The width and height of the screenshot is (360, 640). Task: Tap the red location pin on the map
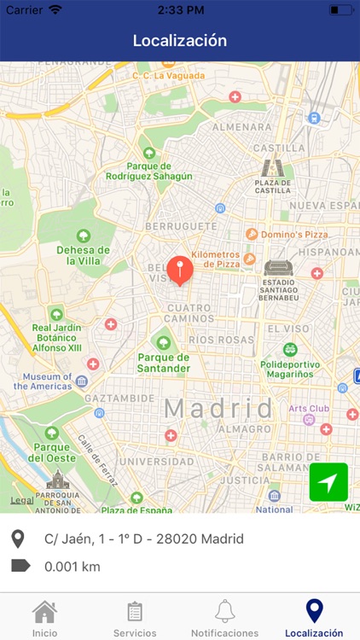pyautogui.click(x=179, y=269)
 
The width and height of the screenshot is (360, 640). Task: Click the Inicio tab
pyautogui.click(x=44, y=618)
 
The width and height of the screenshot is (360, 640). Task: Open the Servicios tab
pyautogui.click(x=135, y=618)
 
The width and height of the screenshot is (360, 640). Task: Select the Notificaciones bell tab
pyautogui.click(x=224, y=618)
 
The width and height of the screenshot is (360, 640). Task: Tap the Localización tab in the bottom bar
pyautogui.click(x=314, y=618)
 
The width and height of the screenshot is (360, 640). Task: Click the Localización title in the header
pyautogui.click(x=180, y=40)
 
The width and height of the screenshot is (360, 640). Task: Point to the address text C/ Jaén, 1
pyautogui.click(x=143, y=538)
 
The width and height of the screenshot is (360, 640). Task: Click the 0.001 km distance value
pyautogui.click(x=73, y=565)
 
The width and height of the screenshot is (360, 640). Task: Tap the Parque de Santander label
pyautogui.click(x=163, y=363)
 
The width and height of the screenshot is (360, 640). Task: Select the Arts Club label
pyautogui.click(x=308, y=409)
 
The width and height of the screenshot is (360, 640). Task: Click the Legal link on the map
pyautogui.click(x=21, y=500)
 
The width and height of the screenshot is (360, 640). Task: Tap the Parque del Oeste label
pyautogui.click(x=52, y=452)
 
